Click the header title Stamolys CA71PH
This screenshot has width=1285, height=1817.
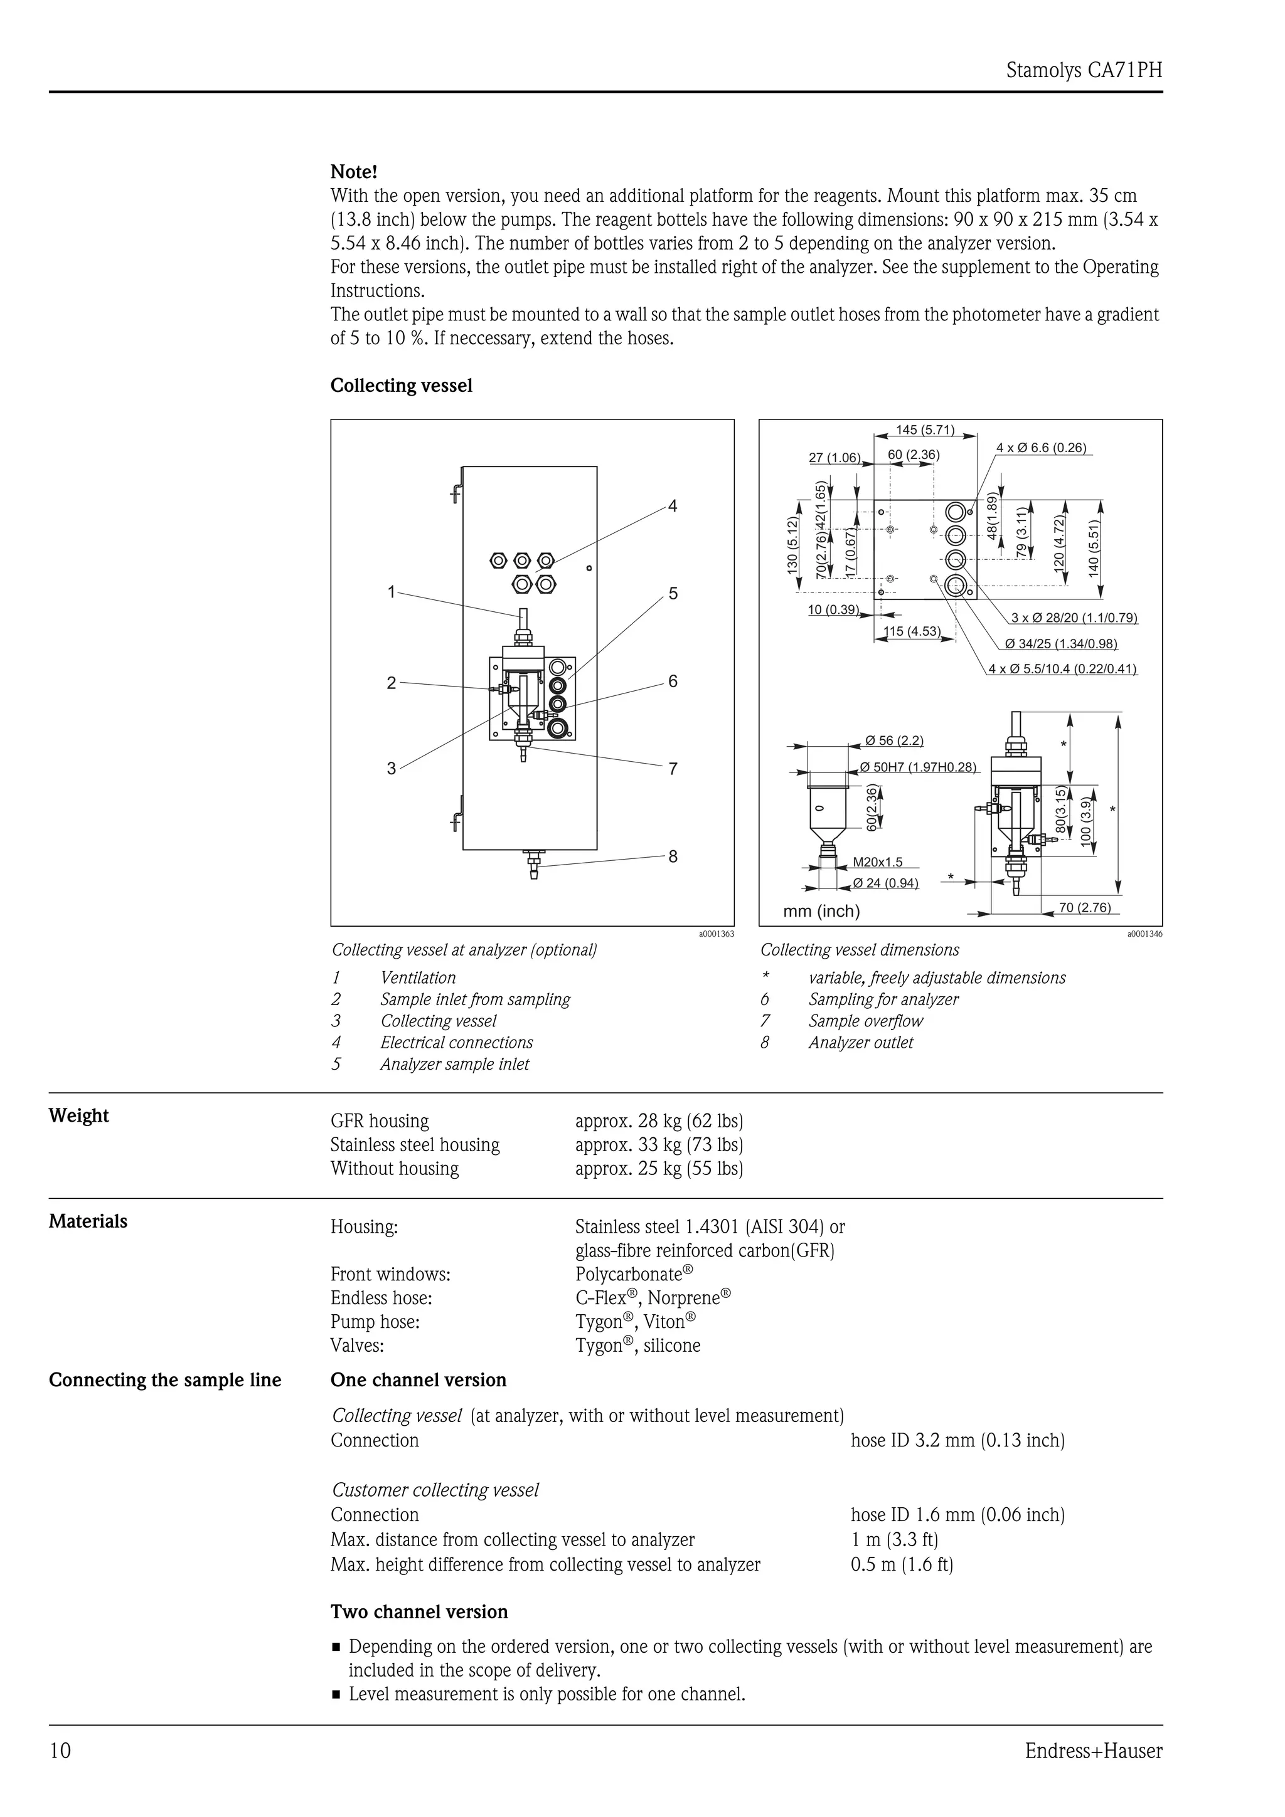[x=1083, y=70]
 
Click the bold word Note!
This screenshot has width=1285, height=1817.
[x=353, y=172]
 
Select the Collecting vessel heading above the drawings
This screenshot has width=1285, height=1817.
[x=401, y=386]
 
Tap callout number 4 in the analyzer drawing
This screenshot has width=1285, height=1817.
[x=672, y=506]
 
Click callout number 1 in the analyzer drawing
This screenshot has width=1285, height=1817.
[x=391, y=591]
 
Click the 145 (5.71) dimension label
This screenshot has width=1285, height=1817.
[x=925, y=429]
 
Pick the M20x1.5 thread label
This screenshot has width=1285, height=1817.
[x=877, y=862]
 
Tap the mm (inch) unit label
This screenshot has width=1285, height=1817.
[x=821, y=911]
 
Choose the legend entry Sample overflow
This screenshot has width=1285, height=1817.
[x=865, y=1021]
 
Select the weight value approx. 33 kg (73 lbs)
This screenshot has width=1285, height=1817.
[x=659, y=1144]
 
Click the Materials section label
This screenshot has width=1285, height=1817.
[x=88, y=1221]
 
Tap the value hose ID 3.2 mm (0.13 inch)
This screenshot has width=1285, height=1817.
[x=957, y=1440]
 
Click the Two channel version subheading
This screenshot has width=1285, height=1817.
[x=419, y=1612]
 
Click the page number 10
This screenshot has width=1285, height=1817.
[x=60, y=1751]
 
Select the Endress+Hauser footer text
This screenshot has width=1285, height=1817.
[x=1094, y=1751]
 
